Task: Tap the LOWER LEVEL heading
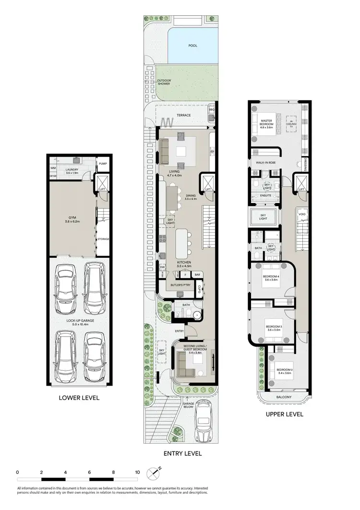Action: coord(79,398)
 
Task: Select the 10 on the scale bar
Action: coord(137,473)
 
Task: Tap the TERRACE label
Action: coord(184,115)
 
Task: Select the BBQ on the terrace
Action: coord(211,110)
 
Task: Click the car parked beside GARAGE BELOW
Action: coord(204,423)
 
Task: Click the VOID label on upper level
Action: coord(301,214)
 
